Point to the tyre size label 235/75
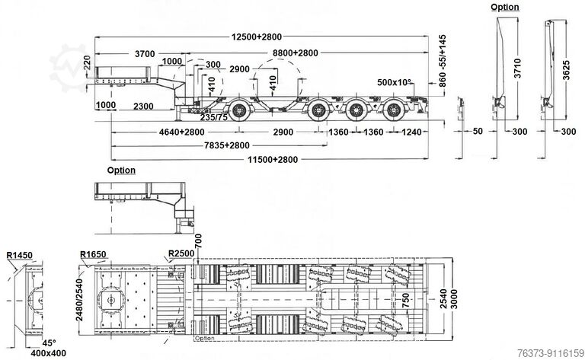click(213, 117)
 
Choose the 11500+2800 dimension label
click(268, 159)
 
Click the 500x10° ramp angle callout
click(395, 82)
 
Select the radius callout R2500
click(181, 252)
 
